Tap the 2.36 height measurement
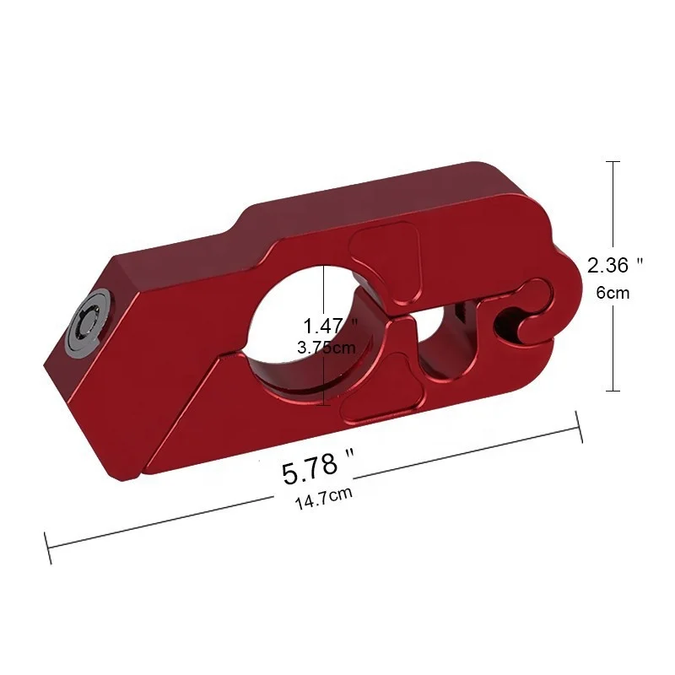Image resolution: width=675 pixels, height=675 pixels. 608,265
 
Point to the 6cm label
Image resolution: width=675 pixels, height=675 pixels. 613,293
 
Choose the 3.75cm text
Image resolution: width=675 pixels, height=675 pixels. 327,347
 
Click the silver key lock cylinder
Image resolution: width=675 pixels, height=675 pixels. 89,321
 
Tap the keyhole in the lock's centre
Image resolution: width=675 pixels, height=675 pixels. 88,321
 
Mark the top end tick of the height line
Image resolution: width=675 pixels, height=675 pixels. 613,161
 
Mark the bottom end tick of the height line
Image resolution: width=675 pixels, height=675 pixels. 613,391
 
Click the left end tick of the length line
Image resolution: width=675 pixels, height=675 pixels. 49,548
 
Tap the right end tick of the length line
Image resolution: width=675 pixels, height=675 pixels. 580,426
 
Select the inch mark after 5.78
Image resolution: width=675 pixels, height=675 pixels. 348,456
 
